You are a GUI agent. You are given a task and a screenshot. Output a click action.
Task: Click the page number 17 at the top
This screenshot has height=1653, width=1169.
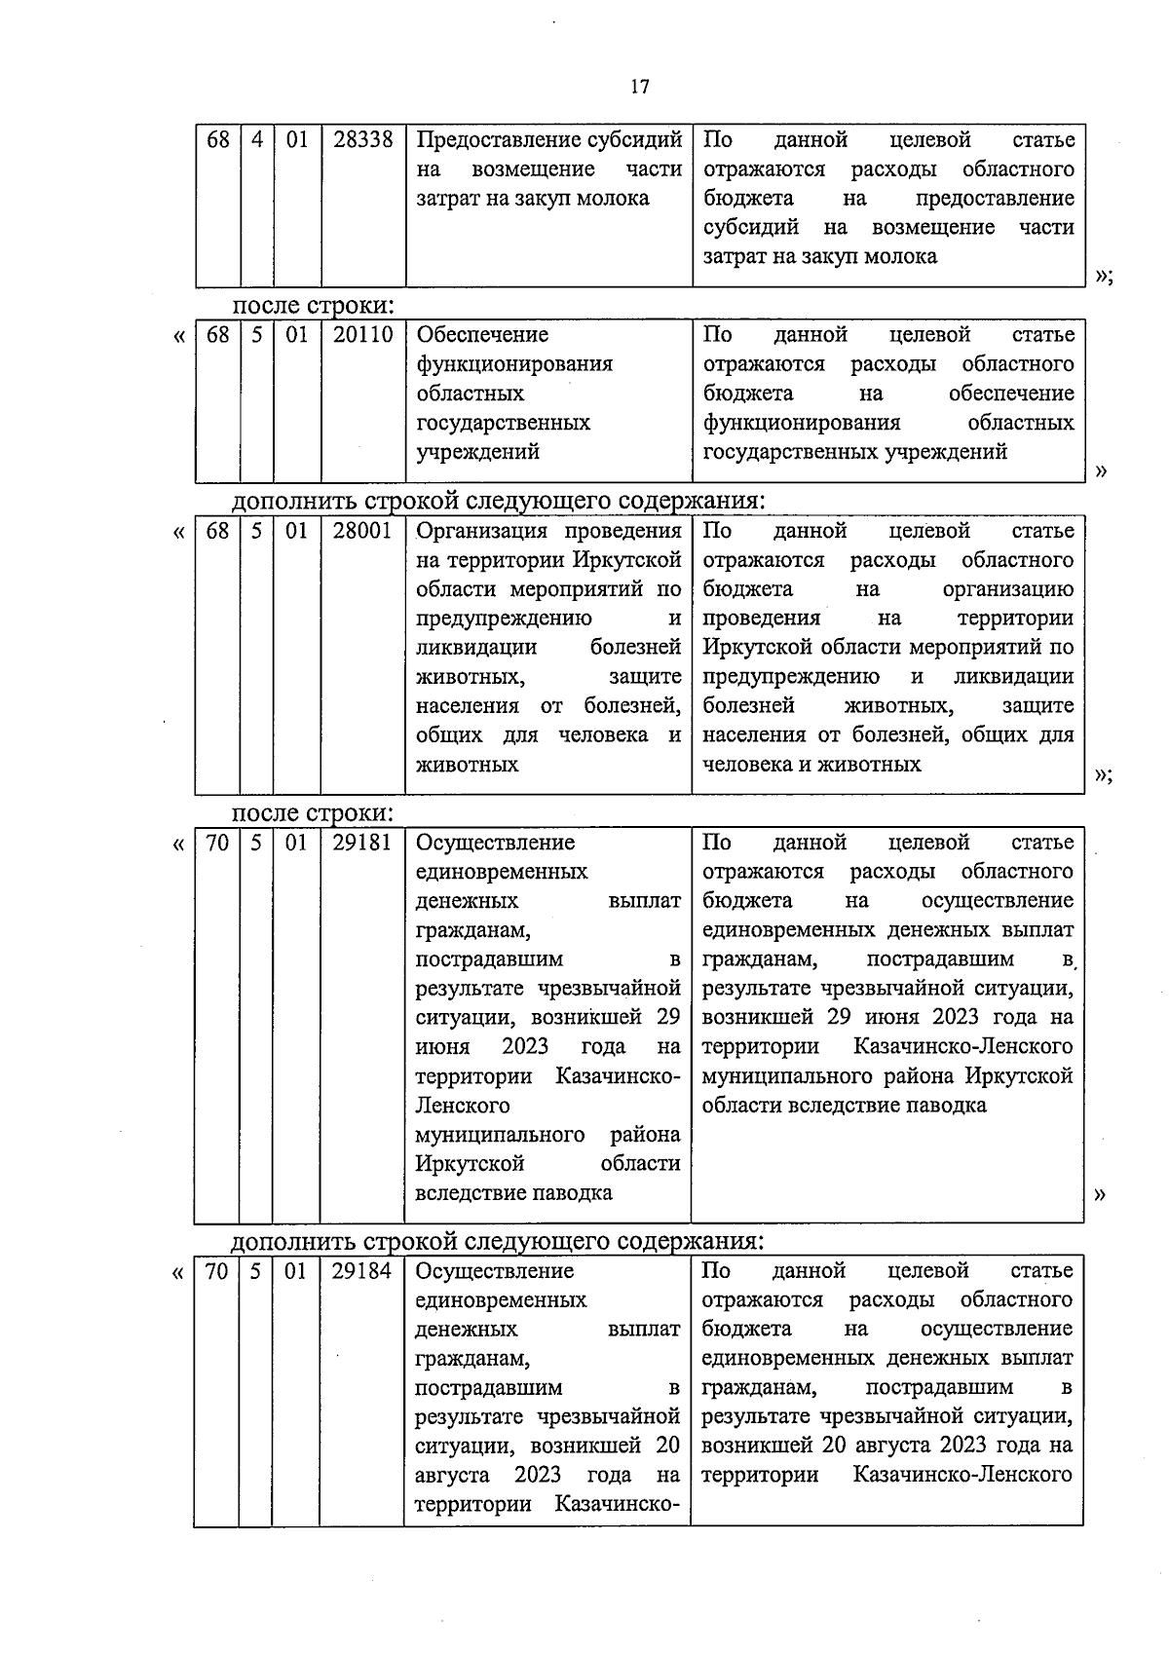pos(639,87)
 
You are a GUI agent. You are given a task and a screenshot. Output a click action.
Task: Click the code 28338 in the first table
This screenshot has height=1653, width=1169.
pos(362,140)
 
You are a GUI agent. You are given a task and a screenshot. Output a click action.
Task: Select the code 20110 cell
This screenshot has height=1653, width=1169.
pos(362,335)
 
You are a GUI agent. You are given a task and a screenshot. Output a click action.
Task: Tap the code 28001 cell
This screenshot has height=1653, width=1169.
pos(362,531)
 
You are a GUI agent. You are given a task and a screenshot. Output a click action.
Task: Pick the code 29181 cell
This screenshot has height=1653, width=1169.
pos(361,843)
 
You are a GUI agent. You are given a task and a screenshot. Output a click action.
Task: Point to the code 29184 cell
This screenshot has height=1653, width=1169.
pos(361,1271)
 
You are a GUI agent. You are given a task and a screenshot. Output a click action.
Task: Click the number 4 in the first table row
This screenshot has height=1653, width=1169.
pos(257,140)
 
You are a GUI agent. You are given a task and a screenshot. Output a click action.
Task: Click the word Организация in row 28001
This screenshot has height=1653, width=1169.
pos(472,531)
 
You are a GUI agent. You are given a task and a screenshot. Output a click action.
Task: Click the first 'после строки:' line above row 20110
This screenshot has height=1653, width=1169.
pos(312,305)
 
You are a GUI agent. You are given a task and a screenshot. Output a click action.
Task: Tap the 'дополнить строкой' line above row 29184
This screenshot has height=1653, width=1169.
pos(497,1241)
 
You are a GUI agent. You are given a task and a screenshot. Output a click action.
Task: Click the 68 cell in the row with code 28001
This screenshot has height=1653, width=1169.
pos(217,531)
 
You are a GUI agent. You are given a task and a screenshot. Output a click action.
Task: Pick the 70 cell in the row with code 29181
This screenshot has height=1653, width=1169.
pos(216,843)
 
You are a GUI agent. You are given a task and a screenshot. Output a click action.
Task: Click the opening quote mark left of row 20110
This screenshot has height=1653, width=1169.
pos(178,337)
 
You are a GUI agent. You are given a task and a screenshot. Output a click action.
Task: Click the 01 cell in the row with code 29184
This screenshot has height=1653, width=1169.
pos(295,1271)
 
